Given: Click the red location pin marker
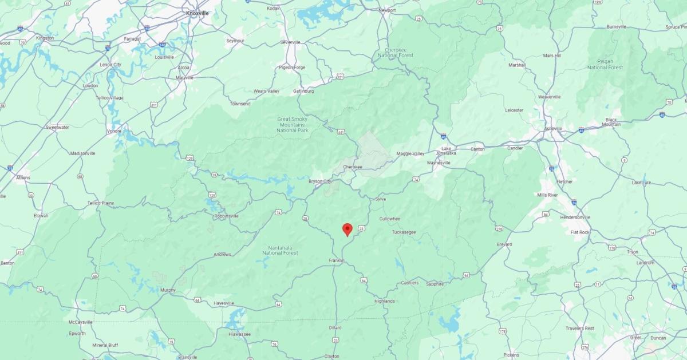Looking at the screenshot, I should coord(347,229).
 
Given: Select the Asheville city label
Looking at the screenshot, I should coord(552,129).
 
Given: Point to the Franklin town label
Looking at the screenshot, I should coord(337,260).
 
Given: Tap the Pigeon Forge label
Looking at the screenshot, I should coord(291,67).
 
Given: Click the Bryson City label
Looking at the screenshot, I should coord(320,181).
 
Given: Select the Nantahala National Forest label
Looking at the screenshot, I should coord(280,250).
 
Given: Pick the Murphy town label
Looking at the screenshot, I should coord(168,290).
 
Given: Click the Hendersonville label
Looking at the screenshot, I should coord(591,217).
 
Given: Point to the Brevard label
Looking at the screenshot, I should coord(504,244).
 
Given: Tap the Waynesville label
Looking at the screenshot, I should coord(439,163).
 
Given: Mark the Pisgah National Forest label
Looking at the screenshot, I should coord(605,64).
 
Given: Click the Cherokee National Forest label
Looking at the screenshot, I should coord(395,52).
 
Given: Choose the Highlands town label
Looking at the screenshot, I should coord(384,301).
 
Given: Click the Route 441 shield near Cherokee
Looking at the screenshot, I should coord(341,132).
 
